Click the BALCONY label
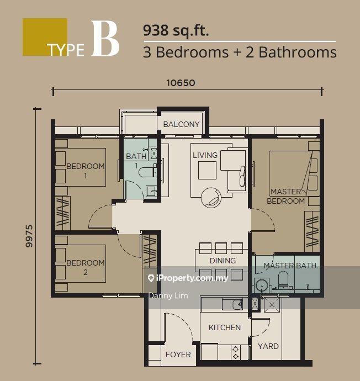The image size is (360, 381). [181, 124]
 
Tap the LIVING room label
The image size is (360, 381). [205, 155]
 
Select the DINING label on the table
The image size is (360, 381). [223, 261]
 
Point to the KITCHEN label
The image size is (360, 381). [225, 327]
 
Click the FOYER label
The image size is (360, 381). [178, 354]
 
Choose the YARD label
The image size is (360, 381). [268, 346]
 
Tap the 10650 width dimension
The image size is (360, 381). [181, 83]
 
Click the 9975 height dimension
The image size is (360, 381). [29, 236]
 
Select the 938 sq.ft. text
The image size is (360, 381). [176, 31]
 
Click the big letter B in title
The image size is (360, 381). [105, 39]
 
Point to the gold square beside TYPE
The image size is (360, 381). [45, 37]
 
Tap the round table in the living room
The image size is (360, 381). [211, 197]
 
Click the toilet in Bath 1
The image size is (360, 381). [147, 171]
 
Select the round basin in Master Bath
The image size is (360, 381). [262, 285]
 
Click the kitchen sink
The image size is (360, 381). [232, 304]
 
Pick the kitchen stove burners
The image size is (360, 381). [235, 353]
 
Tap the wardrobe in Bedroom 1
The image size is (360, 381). [63, 213]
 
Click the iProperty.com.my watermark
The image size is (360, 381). [188, 278]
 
